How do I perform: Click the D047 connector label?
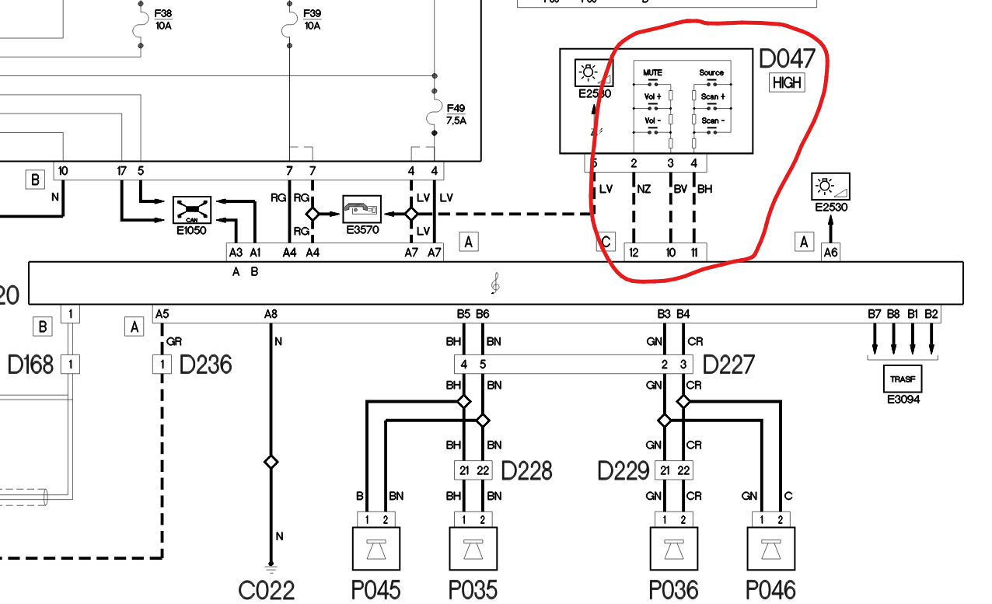pos(788,59)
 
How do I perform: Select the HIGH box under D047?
pos(787,82)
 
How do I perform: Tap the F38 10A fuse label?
pos(163,19)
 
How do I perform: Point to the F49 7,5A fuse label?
pos(456,113)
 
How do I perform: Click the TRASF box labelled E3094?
pos(903,378)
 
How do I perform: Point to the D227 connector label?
pos(728,364)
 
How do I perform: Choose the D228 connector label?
pos(526,471)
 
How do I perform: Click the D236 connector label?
pos(205,364)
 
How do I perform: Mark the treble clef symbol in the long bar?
pos(495,285)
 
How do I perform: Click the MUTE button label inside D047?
pos(652,72)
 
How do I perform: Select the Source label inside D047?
pos(711,72)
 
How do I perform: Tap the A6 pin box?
pos(830,252)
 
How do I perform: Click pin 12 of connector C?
pos(634,252)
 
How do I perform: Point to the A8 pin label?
pos(271,314)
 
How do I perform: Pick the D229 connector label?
pos(623,471)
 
